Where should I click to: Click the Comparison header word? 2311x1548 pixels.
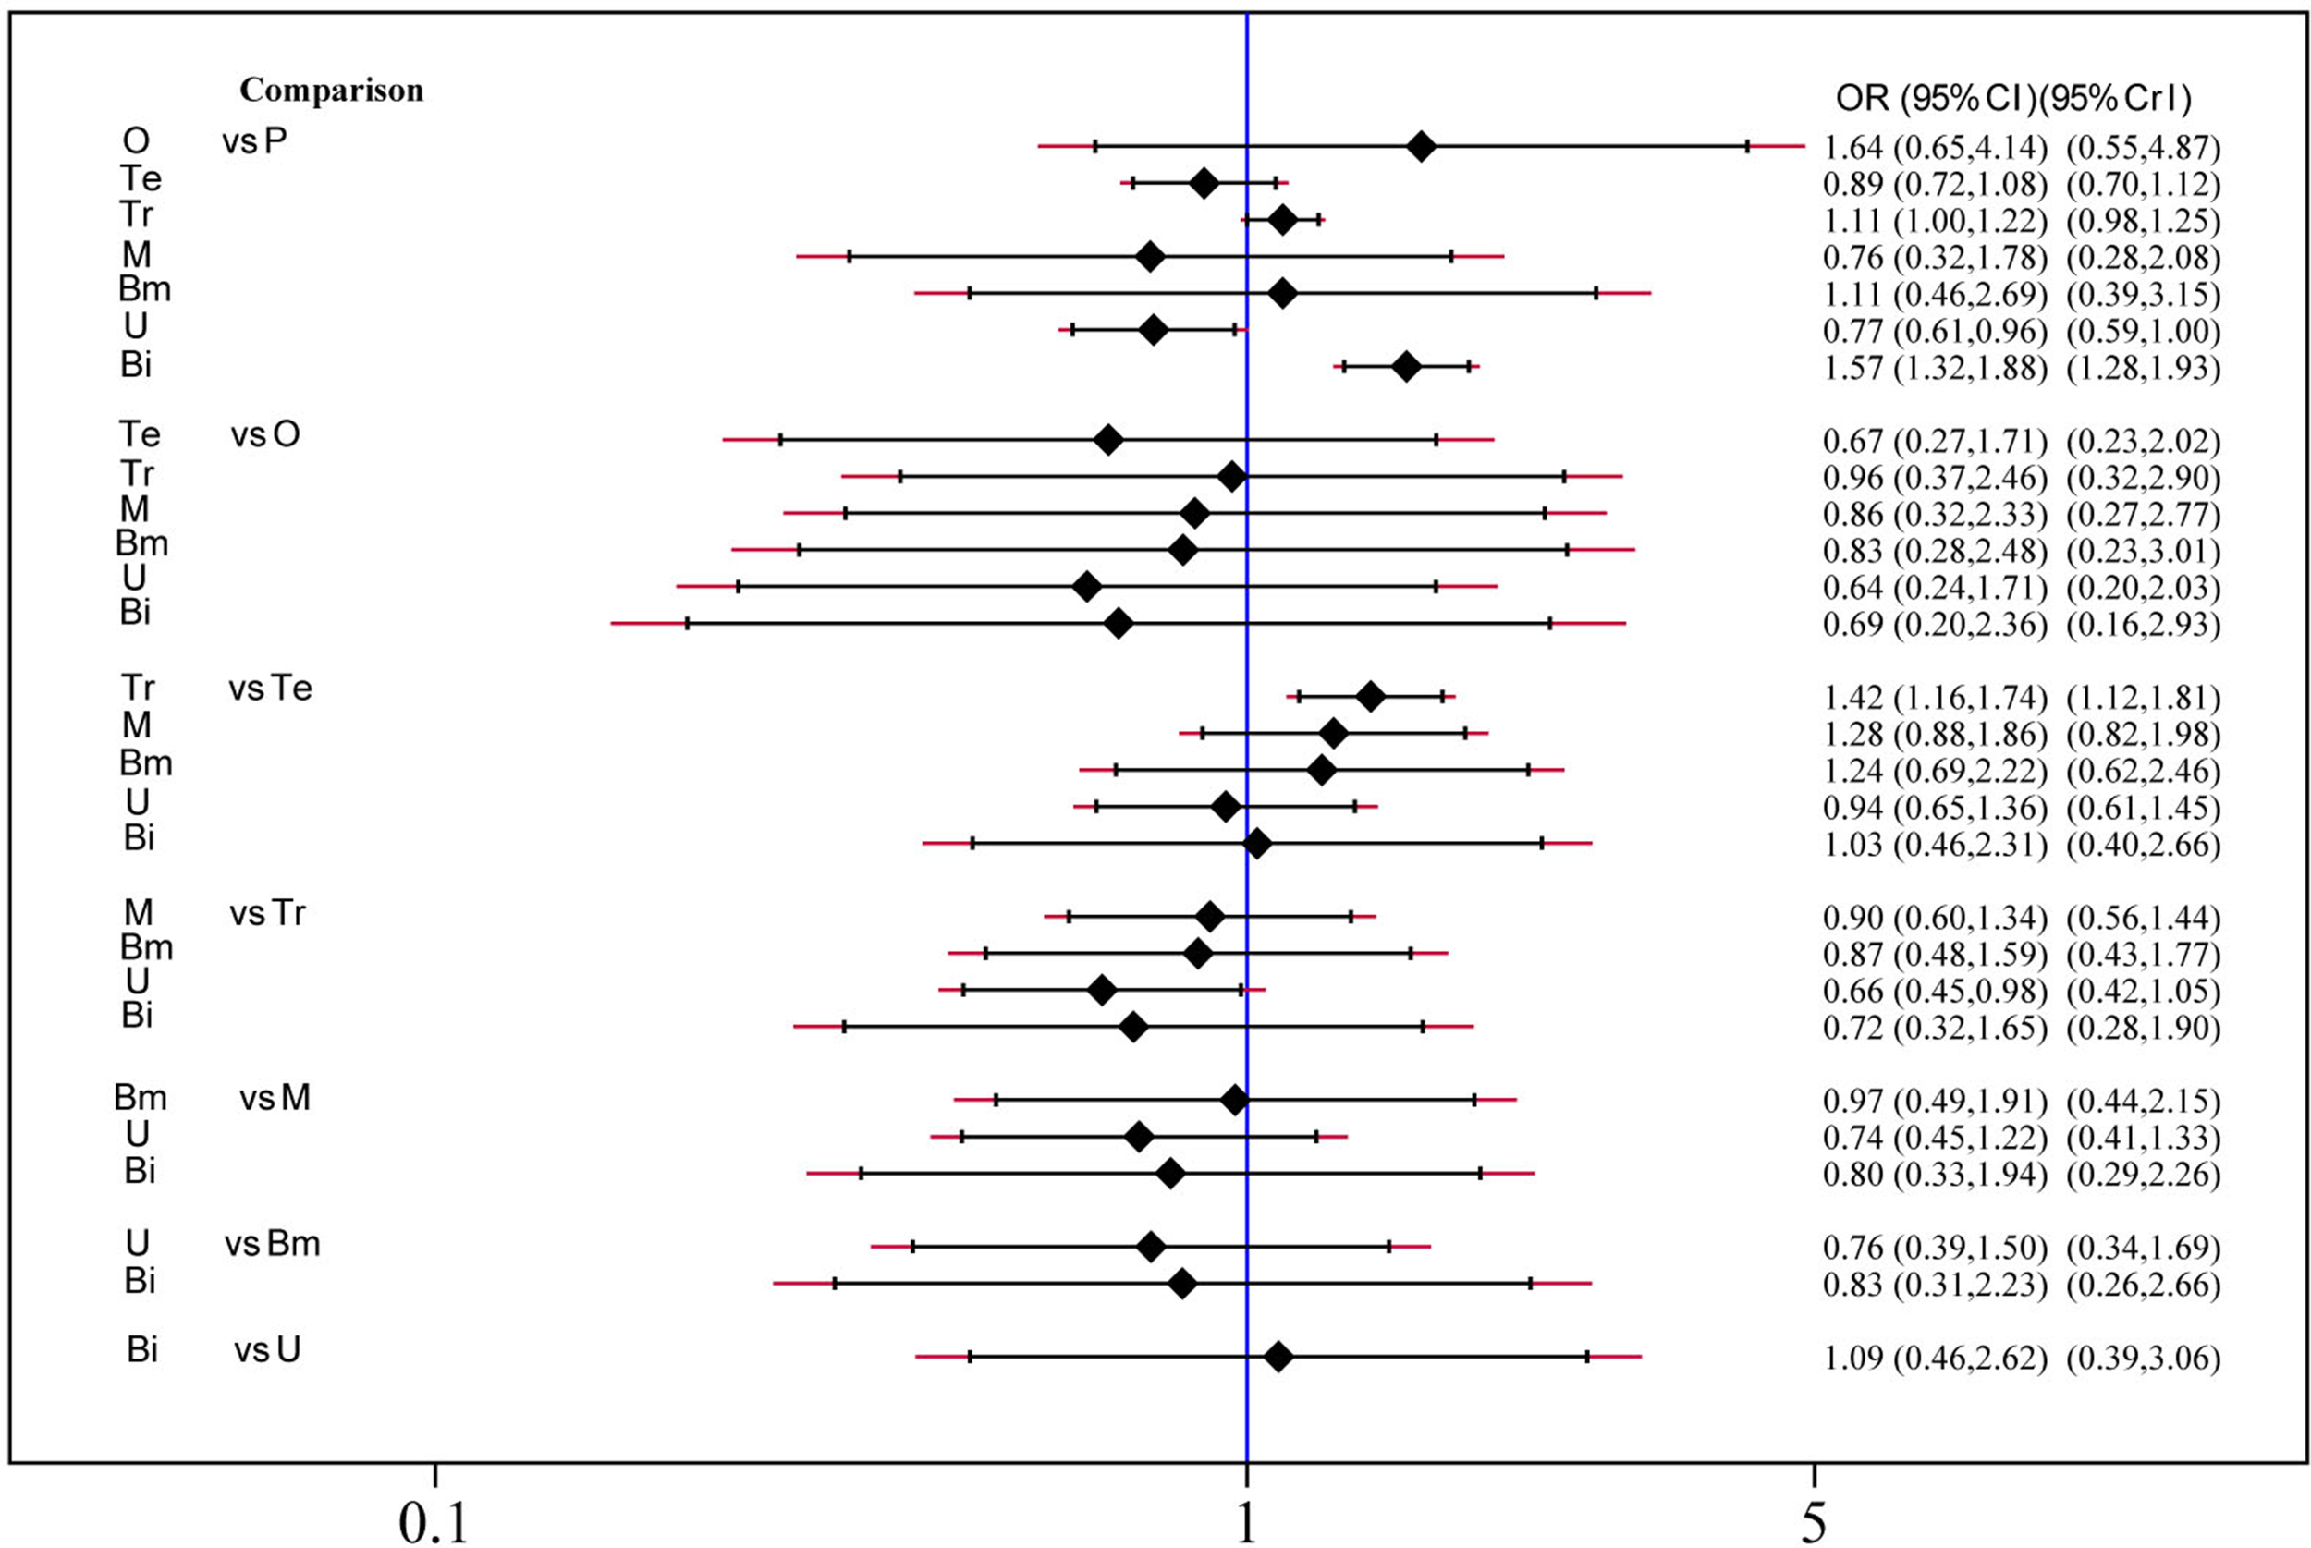332,91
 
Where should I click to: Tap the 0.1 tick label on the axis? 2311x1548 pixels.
434,1521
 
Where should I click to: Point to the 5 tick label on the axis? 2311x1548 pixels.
1814,1521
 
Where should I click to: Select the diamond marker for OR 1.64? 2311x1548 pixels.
1421,147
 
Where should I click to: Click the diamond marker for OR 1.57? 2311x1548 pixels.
1407,367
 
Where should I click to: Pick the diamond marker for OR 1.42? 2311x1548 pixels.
1370,697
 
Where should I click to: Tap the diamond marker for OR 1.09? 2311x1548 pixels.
1278,1358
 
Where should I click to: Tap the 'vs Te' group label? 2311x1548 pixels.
271,689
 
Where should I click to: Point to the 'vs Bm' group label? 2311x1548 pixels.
273,1244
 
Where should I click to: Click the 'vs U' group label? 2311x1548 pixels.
267,1349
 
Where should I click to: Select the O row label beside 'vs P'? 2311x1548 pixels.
136,142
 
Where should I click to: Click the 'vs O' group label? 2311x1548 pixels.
265,435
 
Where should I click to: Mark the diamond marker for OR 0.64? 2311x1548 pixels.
1087,588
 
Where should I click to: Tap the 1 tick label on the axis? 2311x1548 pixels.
1247,1521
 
